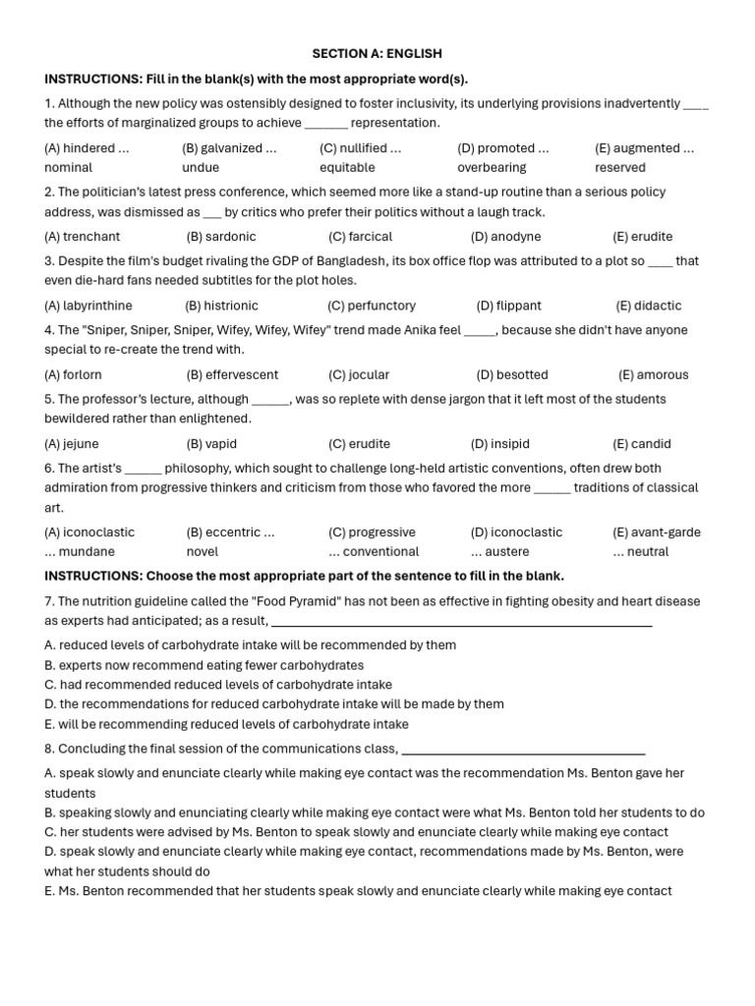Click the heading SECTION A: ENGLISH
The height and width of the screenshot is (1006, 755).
coord(377,54)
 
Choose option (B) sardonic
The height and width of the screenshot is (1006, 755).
coord(220,237)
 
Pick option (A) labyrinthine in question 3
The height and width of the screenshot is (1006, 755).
coord(88,306)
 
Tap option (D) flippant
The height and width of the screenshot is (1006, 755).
coord(508,306)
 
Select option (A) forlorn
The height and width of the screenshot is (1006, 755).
coord(73,374)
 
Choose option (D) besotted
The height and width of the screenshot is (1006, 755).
coord(512,374)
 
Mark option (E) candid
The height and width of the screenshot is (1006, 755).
coord(642,444)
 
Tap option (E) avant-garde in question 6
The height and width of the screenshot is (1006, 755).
coord(657,532)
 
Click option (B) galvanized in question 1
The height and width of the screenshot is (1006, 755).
coord(229,148)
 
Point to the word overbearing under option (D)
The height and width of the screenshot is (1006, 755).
coord(492,168)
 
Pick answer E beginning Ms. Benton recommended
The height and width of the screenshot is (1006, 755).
coord(358,891)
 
